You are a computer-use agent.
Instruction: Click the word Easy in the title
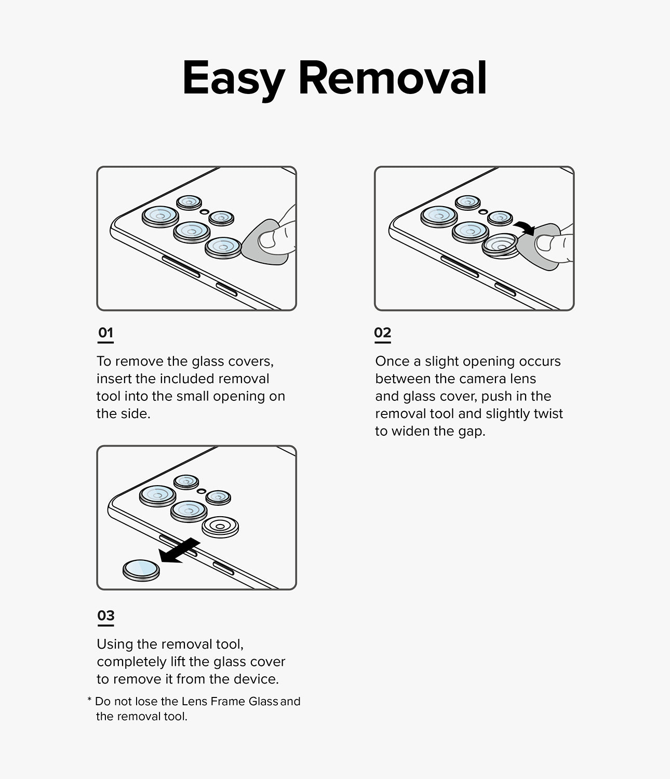[233, 79]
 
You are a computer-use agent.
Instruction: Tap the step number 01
[105, 332]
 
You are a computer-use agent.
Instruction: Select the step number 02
[382, 332]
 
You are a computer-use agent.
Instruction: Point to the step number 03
[105, 615]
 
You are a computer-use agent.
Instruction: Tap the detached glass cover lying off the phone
[141, 570]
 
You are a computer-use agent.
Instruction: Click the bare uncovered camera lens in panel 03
[220, 527]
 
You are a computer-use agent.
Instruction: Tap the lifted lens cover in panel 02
[500, 245]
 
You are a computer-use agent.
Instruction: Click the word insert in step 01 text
[114, 379]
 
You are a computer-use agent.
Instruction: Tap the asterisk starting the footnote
[89, 701]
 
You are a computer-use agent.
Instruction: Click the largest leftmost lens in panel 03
[158, 496]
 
